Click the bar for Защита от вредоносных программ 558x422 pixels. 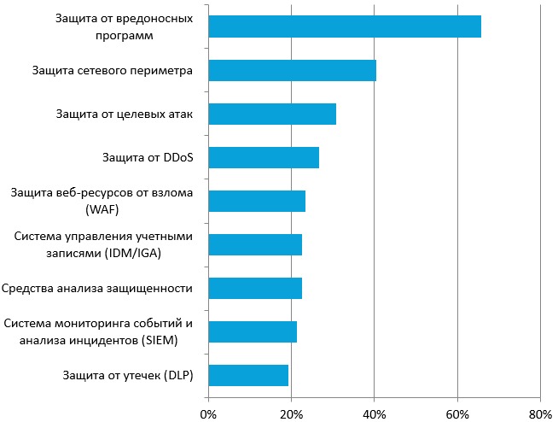[x=344, y=26]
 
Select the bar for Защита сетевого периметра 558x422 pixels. [x=292, y=70]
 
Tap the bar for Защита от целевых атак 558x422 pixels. [x=271, y=114]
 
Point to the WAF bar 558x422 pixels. [x=256, y=201]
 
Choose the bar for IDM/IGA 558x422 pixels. [x=254, y=244]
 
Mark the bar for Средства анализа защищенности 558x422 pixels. [x=254, y=288]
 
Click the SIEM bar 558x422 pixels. [x=252, y=331]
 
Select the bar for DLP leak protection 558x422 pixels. [x=247, y=375]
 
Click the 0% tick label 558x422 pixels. [x=208, y=413]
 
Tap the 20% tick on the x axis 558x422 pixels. [x=291, y=413]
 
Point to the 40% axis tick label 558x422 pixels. [x=375, y=413]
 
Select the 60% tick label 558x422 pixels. [x=457, y=413]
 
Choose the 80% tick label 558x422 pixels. [x=541, y=413]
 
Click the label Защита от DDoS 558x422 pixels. [x=147, y=157]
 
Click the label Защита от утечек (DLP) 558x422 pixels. [x=128, y=375]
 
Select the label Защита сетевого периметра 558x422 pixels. [x=112, y=70]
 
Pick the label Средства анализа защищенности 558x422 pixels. [x=98, y=288]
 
